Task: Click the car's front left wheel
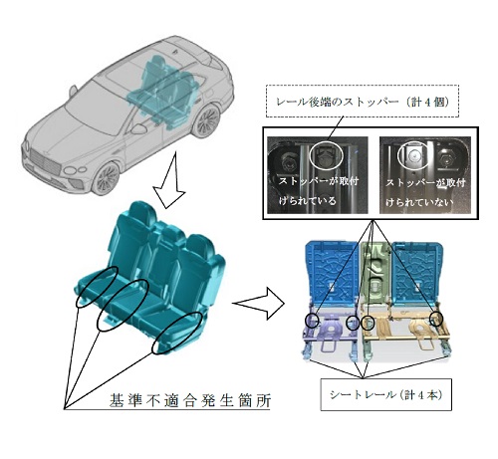pyautogui.click(x=107, y=178)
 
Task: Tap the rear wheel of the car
pyautogui.click(x=207, y=120)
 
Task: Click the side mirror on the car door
pyautogui.click(x=138, y=128)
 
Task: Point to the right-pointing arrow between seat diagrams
pyautogui.click(x=258, y=303)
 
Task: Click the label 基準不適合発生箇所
pyautogui.click(x=190, y=400)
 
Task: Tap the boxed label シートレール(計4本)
pyautogui.click(x=385, y=394)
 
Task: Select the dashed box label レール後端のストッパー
pyautogui.click(x=363, y=102)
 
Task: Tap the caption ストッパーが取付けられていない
pyautogui.click(x=425, y=192)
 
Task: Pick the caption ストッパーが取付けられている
pyautogui.click(x=318, y=190)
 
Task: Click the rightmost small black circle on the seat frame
pyautogui.click(x=436, y=319)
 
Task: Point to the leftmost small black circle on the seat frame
pyautogui.click(x=312, y=321)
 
